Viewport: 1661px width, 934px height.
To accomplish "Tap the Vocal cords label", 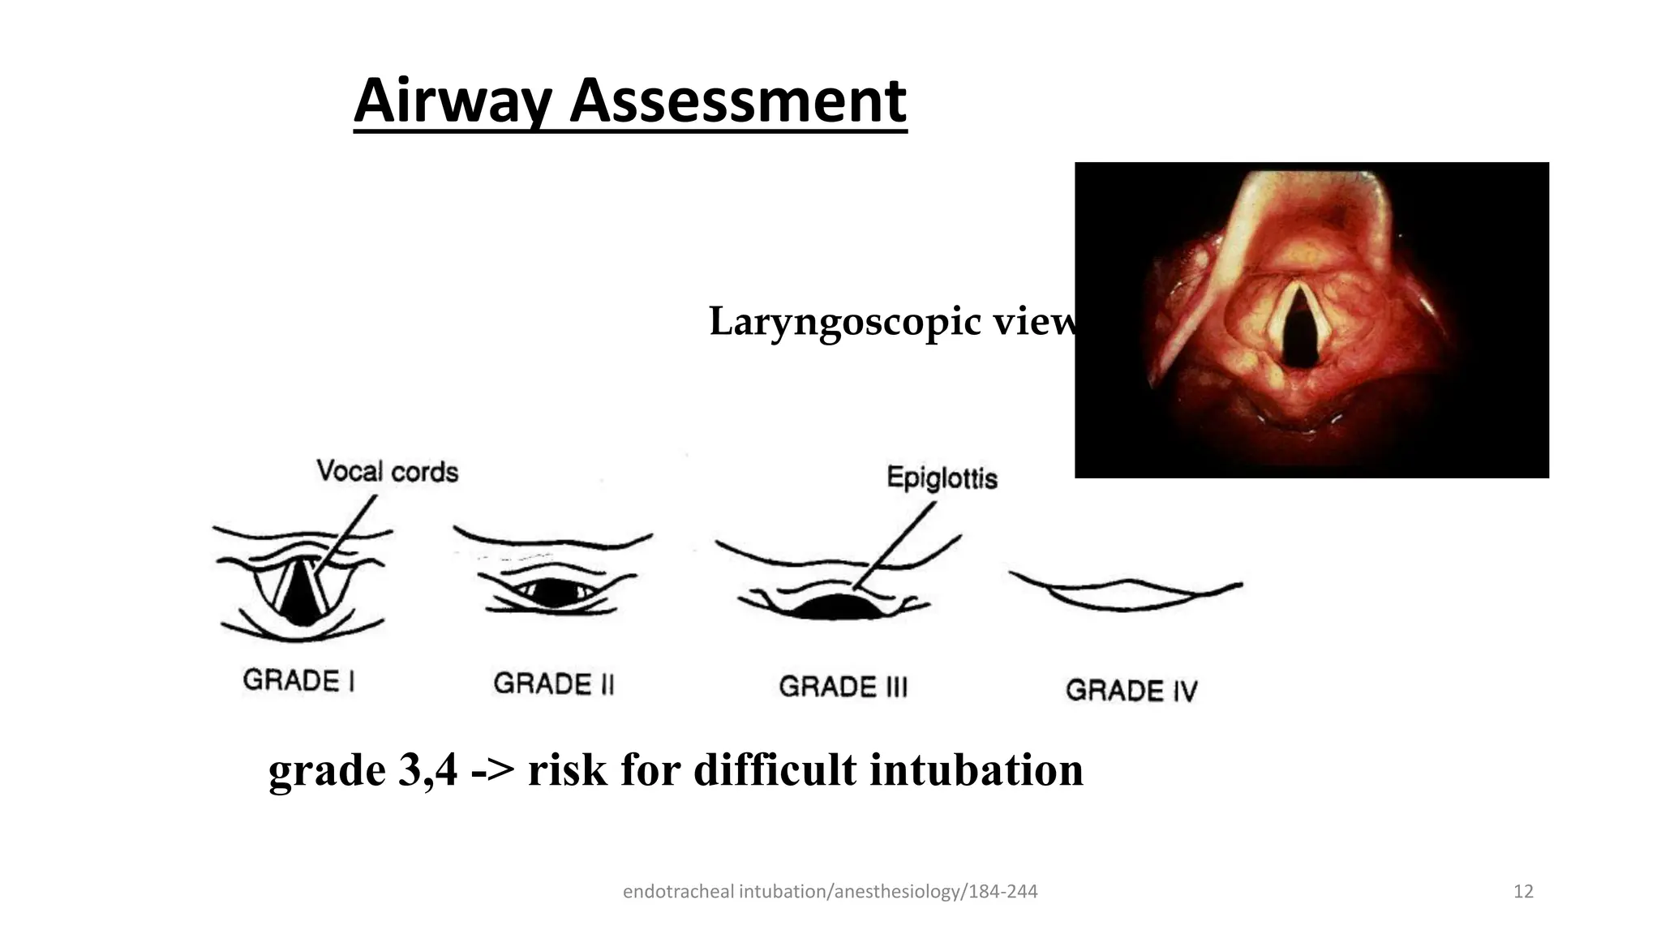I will point(387,471).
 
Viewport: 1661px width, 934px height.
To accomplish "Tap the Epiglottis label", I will point(942,478).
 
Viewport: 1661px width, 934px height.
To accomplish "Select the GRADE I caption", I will point(298,680).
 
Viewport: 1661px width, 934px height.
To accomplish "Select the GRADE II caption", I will point(554,683).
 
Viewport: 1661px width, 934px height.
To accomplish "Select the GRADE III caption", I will point(843,687).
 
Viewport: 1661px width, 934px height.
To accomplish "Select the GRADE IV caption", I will point(1131,690).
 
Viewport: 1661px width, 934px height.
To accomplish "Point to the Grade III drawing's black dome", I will point(835,607).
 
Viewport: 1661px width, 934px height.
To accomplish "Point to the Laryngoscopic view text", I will point(892,322).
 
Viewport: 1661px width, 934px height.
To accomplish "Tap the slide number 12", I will point(1523,892).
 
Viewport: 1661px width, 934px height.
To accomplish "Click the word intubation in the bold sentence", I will point(976,769).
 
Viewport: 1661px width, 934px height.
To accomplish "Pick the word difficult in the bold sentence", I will point(775,769).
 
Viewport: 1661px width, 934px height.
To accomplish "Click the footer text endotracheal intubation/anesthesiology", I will point(829,892).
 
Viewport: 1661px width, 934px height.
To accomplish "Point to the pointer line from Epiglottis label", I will point(896,543).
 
